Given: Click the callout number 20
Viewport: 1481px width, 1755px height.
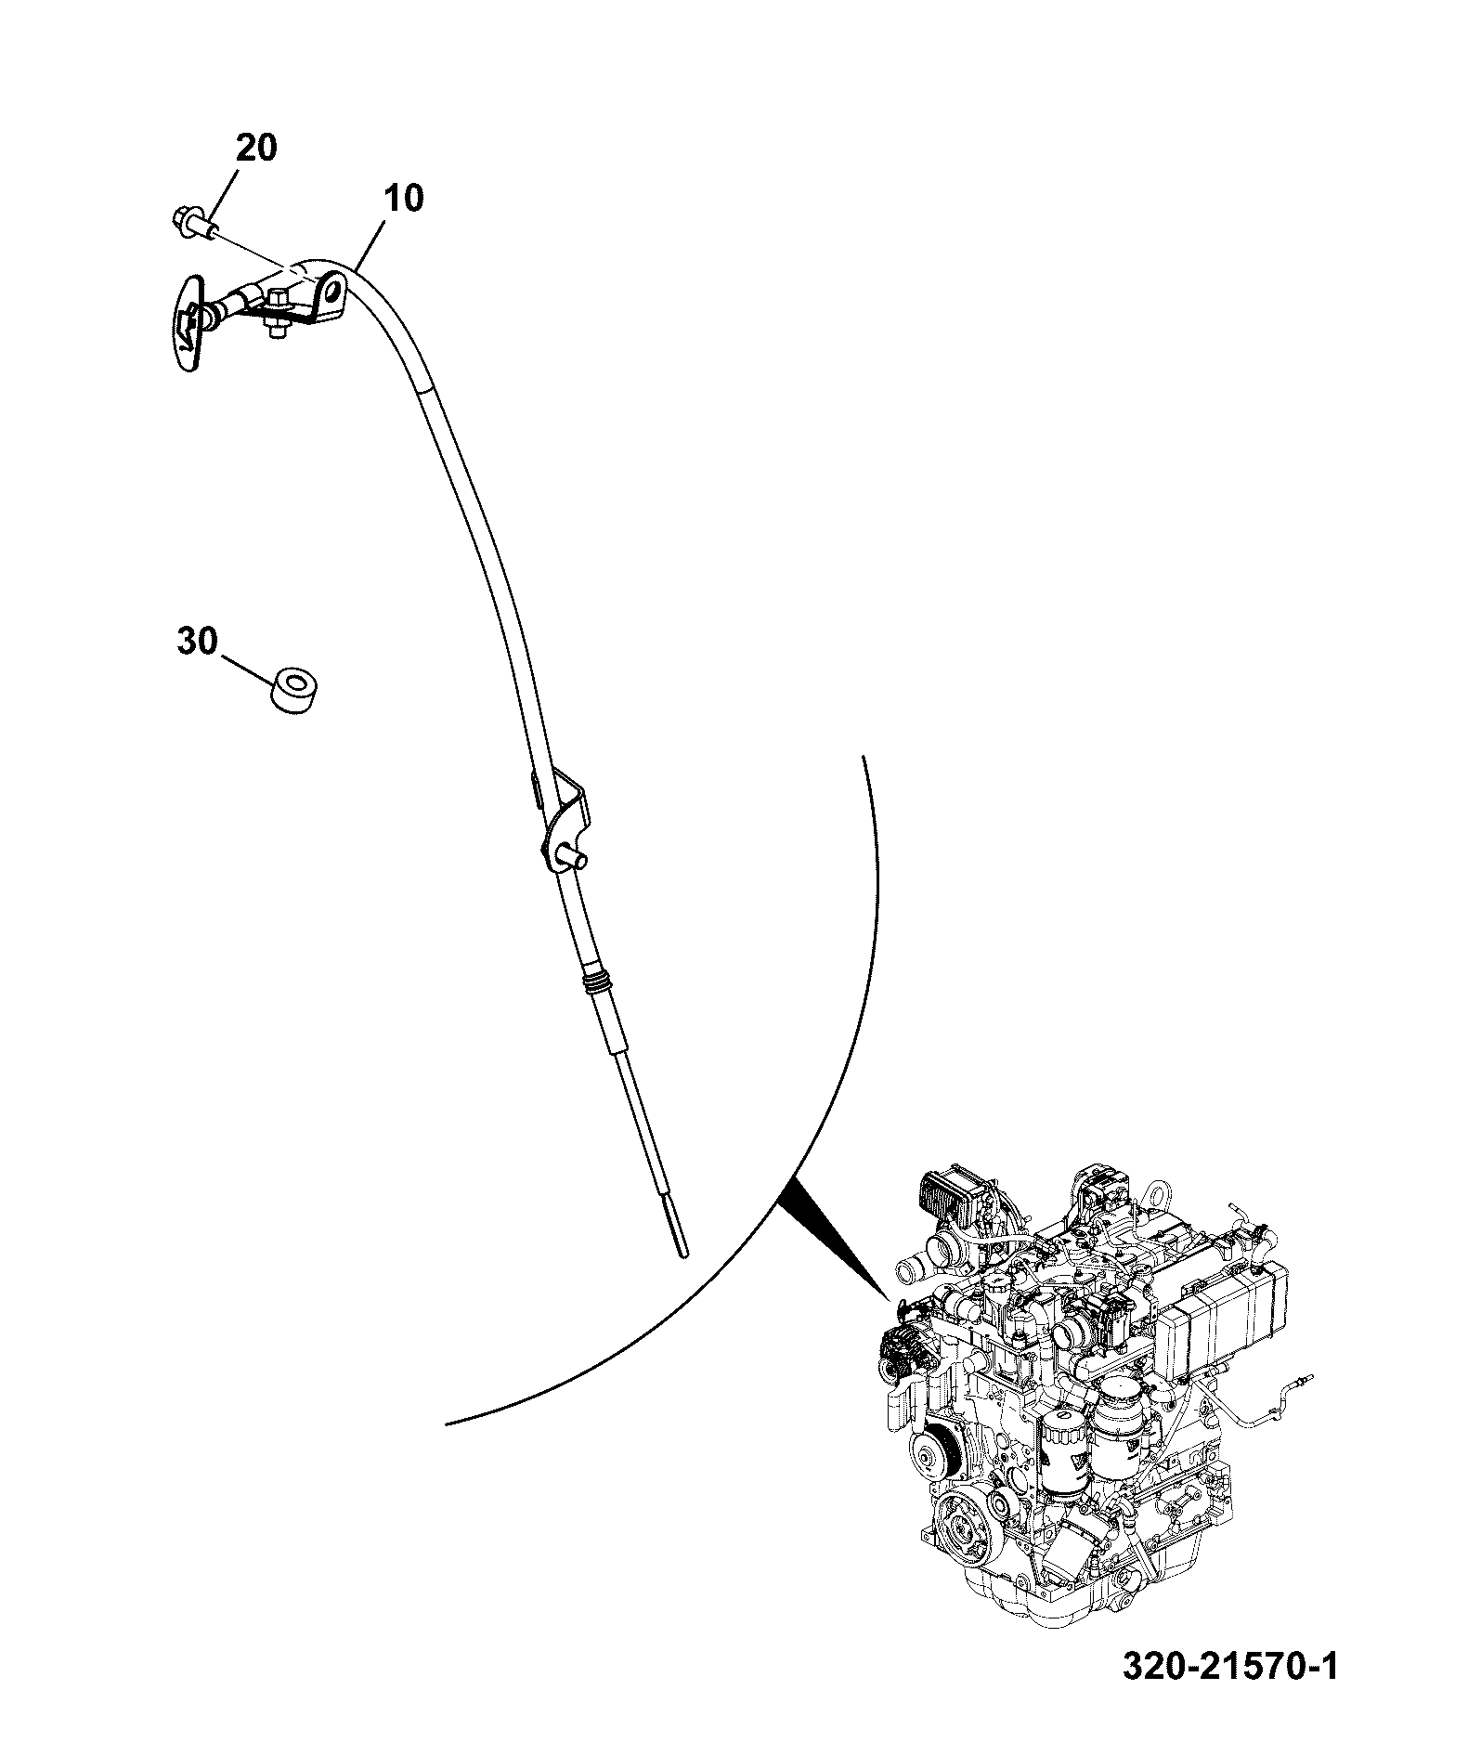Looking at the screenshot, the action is (255, 148).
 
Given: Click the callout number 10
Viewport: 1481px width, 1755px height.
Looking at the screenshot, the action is (402, 197).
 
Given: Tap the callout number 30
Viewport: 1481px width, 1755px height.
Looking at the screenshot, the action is (197, 641).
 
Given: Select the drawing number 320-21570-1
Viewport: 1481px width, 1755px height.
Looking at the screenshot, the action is (1230, 1666).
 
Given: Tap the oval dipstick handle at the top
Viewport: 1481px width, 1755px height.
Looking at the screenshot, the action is (192, 322).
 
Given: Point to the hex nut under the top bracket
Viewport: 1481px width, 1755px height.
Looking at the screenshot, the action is (275, 328).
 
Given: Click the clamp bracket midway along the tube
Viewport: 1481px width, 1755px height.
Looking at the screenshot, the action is (562, 825).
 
